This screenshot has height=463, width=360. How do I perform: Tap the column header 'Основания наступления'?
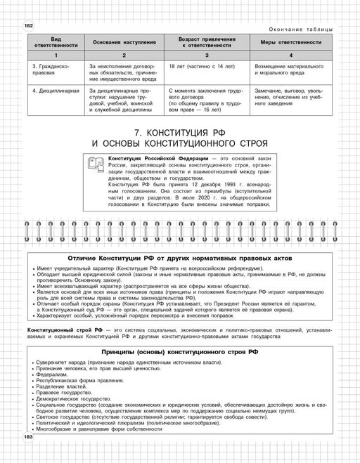coord(122,41)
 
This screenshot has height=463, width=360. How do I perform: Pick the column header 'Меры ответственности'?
coord(288,41)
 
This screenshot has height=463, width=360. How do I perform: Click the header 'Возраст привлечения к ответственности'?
coord(205,41)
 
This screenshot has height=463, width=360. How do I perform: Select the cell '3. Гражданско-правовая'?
coord(47,70)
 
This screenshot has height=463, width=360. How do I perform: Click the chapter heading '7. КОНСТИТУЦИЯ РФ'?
coord(179,131)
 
